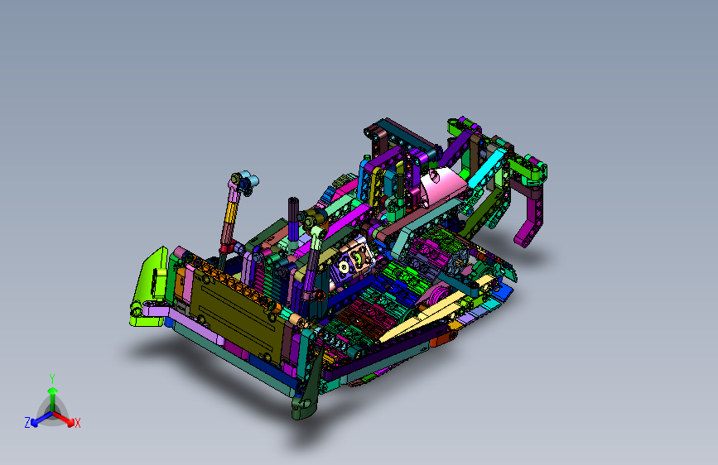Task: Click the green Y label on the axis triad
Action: [52, 378]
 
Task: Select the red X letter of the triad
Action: [77, 423]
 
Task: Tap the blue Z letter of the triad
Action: [27, 423]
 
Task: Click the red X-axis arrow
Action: [64, 419]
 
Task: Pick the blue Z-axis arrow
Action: [41, 419]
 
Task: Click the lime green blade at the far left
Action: [149, 287]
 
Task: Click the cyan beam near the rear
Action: [488, 168]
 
